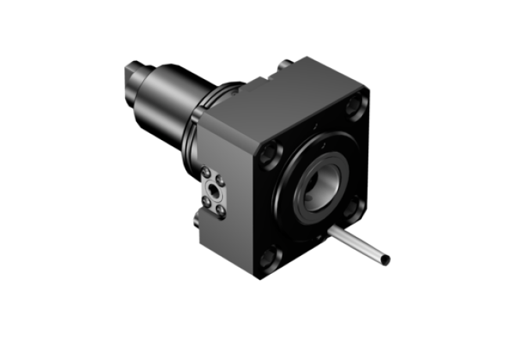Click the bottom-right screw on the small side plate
223,209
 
